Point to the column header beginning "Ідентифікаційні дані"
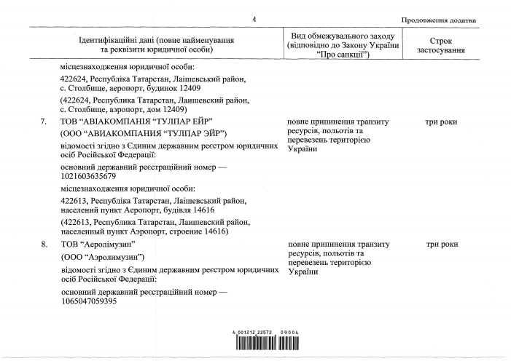(x=157, y=45)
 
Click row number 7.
(x=45, y=122)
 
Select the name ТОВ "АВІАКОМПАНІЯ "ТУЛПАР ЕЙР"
(x=141, y=122)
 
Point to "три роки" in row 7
(x=441, y=122)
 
